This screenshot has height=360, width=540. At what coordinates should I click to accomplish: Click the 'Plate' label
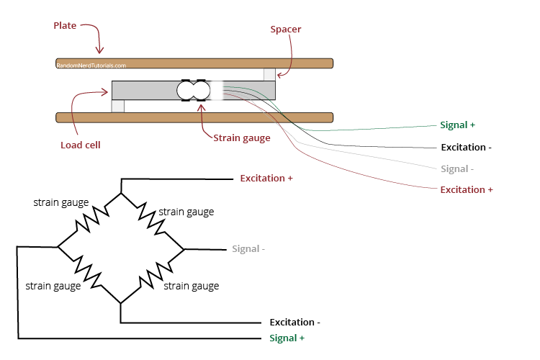pos(65,26)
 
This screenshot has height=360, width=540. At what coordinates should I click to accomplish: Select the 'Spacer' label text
pos(285,30)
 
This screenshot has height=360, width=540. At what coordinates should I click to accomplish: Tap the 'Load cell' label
pos(80,145)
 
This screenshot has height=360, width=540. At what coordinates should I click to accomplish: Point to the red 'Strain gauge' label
pos(241,138)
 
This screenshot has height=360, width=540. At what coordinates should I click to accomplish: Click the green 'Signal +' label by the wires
pos(457,125)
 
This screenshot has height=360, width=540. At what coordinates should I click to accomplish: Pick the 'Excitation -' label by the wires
pos(466,148)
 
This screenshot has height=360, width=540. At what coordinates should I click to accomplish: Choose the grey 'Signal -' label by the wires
pos(457,169)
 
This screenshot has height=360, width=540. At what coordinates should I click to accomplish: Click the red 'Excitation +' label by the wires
pos(466,189)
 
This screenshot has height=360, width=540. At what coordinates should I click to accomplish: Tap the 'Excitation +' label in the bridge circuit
pos(266,178)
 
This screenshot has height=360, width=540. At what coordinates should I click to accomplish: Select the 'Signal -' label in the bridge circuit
pos(248,249)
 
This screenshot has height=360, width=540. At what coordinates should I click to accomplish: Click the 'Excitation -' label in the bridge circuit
pos(295,323)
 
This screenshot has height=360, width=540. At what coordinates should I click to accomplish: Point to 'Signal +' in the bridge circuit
pos(287,338)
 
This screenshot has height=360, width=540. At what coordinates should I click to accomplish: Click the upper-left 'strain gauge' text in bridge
pos(61,202)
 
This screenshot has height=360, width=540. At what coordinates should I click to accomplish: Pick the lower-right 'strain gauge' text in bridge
pos(192,286)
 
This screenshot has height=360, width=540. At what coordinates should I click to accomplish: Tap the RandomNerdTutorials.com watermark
pos(91,66)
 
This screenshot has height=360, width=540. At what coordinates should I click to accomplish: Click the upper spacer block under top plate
pos(269,75)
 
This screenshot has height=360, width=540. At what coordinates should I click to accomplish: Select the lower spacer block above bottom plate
pos(118,106)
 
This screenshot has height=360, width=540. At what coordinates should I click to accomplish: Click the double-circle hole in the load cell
pos(193,91)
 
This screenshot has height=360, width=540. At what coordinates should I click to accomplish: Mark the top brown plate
pos(216,63)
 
